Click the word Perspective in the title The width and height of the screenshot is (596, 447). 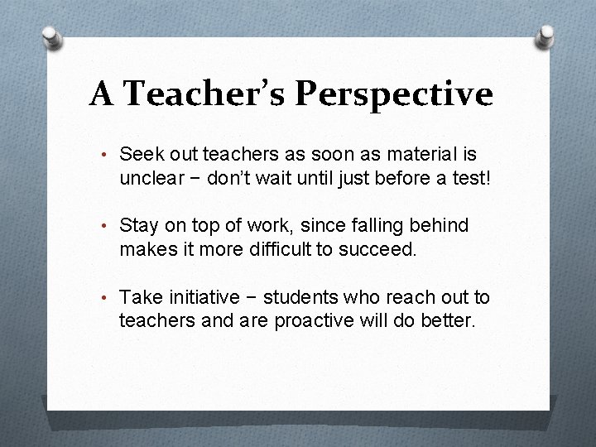tap(393, 96)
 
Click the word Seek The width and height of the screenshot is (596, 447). tap(139, 154)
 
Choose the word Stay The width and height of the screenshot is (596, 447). tap(138, 225)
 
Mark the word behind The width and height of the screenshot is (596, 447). tap(435, 225)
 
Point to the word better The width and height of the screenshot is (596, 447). tap(447, 320)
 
